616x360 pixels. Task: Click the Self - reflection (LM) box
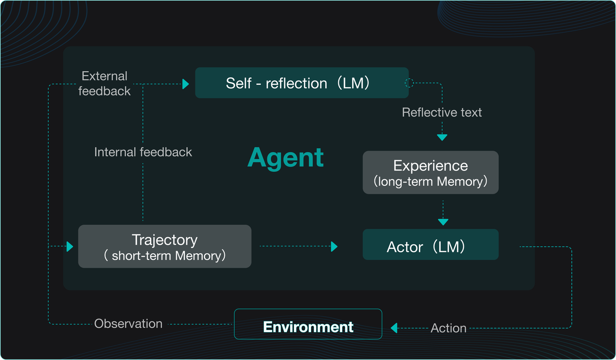click(302, 83)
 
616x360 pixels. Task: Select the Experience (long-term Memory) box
click(430, 172)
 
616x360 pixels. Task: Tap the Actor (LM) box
click(430, 244)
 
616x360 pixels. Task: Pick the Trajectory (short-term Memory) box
click(165, 246)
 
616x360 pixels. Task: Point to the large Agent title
click(285, 157)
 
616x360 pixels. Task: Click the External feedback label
click(104, 83)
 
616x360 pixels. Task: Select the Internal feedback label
click(143, 152)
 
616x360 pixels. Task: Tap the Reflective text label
click(442, 112)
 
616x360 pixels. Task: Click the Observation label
click(128, 323)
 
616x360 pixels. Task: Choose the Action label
click(449, 328)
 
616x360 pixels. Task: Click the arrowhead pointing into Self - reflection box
click(186, 84)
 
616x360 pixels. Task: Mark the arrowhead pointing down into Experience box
click(442, 137)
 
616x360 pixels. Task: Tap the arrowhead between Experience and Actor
click(443, 222)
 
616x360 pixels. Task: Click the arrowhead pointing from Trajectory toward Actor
click(334, 246)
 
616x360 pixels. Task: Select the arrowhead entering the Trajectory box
click(70, 246)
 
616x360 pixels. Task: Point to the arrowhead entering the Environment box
click(394, 328)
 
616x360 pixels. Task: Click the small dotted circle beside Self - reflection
click(409, 83)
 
